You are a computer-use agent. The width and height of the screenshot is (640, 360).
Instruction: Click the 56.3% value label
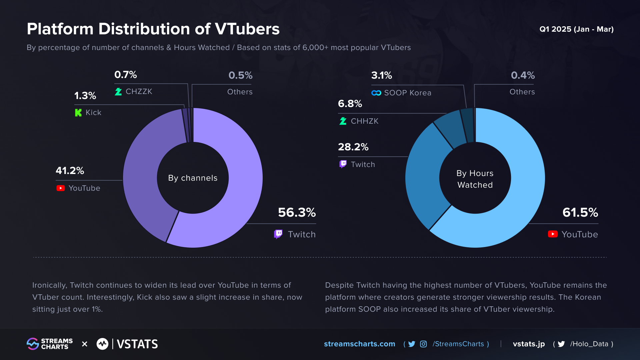tap(297, 212)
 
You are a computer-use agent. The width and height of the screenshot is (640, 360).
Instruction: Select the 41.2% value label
tap(70, 171)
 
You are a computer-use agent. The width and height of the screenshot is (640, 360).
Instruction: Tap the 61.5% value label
tap(580, 212)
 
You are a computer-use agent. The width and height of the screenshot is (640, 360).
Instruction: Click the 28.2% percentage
tap(353, 147)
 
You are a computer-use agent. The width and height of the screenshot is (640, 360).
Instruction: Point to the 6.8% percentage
tap(350, 104)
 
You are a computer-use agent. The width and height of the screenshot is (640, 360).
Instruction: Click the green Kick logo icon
tap(78, 113)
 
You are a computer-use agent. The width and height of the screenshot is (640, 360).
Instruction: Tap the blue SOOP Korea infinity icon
tap(376, 93)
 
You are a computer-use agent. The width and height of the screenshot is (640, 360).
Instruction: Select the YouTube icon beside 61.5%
tap(553, 234)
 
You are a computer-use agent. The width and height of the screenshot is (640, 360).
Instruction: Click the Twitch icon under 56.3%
tap(278, 234)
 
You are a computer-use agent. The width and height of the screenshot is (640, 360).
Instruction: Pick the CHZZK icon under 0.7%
tap(118, 92)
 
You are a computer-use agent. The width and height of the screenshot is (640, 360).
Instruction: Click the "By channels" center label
tap(193, 178)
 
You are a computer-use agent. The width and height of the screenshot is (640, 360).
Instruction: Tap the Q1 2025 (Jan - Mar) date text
tap(576, 29)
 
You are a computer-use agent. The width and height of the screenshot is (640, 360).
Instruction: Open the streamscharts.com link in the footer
tap(359, 344)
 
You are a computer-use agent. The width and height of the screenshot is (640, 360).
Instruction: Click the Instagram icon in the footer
tap(423, 344)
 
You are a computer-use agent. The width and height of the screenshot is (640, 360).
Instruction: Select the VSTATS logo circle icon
tap(102, 344)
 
